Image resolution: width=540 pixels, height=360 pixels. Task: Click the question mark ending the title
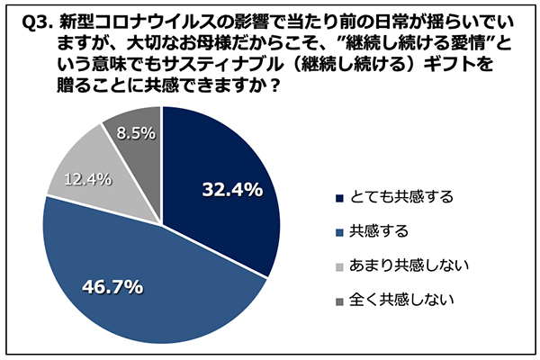pos(270,89)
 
